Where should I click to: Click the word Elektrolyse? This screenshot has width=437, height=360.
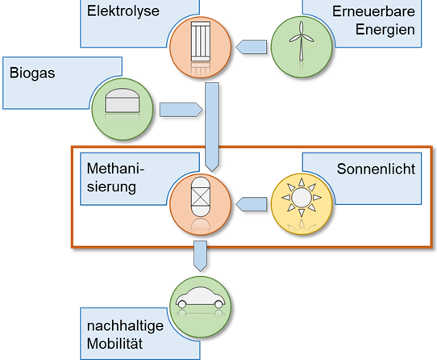tap(123, 12)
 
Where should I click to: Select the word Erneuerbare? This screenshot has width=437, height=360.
tap(373, 12)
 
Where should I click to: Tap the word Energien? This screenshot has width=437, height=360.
tap(385, 30)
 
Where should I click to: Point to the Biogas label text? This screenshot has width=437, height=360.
tap(32, 73)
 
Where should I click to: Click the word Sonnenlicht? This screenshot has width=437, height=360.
tap(376, 169)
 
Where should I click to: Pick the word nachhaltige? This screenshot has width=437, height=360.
tap(125, 326)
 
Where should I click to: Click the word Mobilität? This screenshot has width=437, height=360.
tap(114, 344)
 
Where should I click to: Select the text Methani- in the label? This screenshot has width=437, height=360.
tap(115, 169)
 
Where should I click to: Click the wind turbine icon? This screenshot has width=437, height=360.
tap(302, 41)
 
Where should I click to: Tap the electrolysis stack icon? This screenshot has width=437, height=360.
tap(201, 41)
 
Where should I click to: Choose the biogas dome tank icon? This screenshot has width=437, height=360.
tap(122, 100)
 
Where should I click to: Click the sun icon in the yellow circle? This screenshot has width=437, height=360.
tap(302, 198)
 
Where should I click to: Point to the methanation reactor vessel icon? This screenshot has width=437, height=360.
tap(201, 197)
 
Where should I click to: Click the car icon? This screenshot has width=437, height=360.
tap(201, 298)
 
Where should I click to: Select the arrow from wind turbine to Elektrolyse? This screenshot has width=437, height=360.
tap(251, 47)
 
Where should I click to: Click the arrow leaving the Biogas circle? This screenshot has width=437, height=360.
tap(181, 110)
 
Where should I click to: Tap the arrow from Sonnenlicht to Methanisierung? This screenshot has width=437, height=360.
tap(251, 204)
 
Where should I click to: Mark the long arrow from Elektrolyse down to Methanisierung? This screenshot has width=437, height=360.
tap(212, 127)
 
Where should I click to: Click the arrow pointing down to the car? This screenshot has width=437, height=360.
tap(201, 256)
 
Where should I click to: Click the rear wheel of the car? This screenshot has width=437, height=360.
tap(182, 304)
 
